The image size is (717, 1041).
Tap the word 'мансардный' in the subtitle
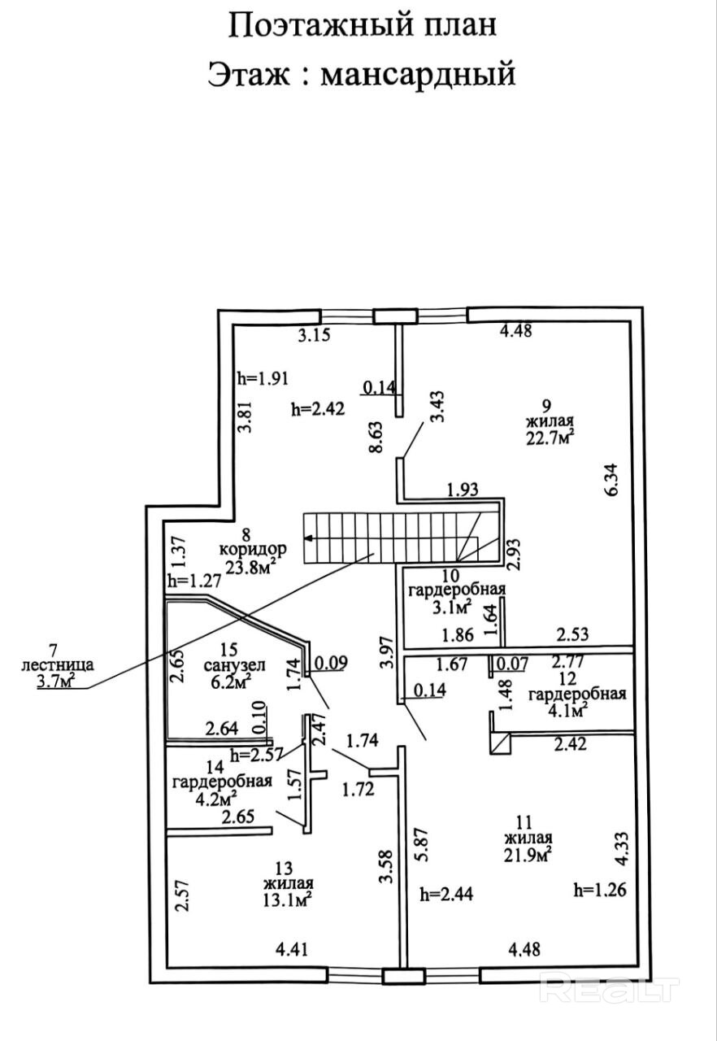tap(419, 74)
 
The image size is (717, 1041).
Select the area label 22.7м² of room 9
tap(550, 439)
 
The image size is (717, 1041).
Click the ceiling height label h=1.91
tap(263, 378)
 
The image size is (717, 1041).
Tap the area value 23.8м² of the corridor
tap(251, 567)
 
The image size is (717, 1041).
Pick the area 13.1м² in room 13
tap(288, 899)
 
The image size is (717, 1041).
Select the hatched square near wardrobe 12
tap(499, 742)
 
